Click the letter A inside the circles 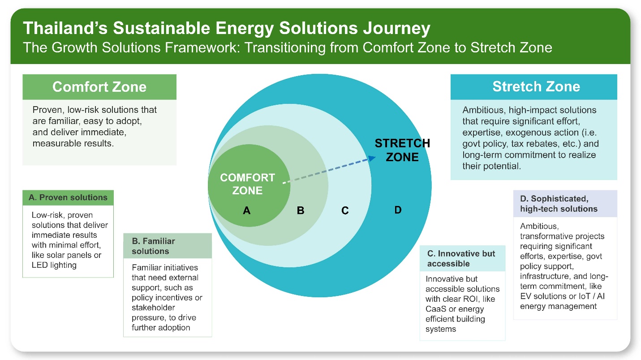[246, 210]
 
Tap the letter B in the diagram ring [301, 210]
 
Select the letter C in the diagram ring [345, 210]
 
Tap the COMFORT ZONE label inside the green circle [247, 184]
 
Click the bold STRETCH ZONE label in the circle [402, 150]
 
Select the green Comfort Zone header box [99, 86]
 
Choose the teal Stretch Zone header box [536, 86]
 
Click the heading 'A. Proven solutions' [68, 197]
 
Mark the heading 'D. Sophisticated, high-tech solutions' [559, 203]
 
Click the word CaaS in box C [436, 309]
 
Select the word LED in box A [39, 265]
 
